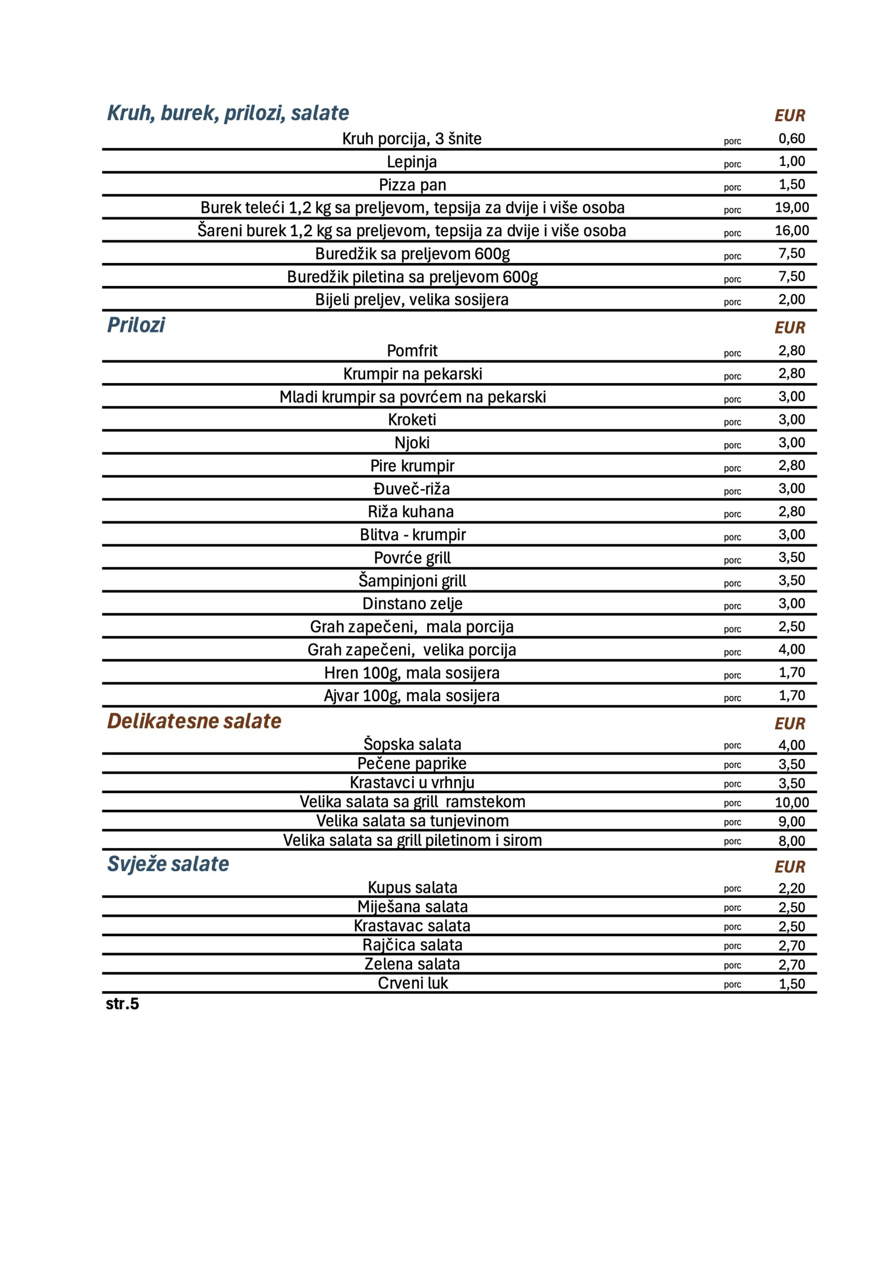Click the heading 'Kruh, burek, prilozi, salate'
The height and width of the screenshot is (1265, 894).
point(228,113)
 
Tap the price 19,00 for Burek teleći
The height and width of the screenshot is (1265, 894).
point(792,208)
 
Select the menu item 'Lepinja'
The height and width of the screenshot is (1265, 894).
point(411,162)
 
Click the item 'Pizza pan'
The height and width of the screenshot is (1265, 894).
point(412,185)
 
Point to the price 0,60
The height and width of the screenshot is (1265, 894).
point(792,138)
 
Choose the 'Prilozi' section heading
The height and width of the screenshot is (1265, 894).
point(135,325)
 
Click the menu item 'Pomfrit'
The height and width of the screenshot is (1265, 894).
point(411,350)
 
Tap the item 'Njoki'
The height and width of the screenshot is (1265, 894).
point(411,442)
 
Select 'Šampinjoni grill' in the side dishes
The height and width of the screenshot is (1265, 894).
point(412,581)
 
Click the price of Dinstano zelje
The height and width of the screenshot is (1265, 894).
point(792,603)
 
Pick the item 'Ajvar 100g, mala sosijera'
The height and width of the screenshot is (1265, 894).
point(411,696)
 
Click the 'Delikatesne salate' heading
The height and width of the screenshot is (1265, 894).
point(194,721)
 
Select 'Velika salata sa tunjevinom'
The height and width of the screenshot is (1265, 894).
point(412,821)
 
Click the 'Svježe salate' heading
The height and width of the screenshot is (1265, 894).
point(168,864)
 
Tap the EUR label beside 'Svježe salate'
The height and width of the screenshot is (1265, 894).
point(789,867)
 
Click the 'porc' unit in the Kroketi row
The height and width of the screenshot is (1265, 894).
point(732,422)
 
